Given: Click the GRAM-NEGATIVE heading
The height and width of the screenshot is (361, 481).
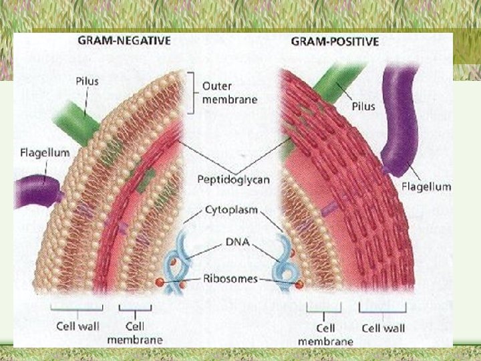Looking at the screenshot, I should tap(124, 40).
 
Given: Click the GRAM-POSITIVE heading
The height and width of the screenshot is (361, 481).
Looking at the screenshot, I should tap(335, 41).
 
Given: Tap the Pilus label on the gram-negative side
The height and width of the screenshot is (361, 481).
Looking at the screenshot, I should tap(87, 81).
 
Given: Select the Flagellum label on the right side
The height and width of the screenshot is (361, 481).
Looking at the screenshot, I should tap(426, 186).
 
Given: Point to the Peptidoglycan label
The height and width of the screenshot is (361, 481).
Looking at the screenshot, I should tap(234, 179).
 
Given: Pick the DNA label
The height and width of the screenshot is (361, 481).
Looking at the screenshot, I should tap(238, 242).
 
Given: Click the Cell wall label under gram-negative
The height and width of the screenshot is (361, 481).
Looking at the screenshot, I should tap(78, 327).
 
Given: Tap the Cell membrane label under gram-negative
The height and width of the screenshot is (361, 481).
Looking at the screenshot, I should tap(134, 333).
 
